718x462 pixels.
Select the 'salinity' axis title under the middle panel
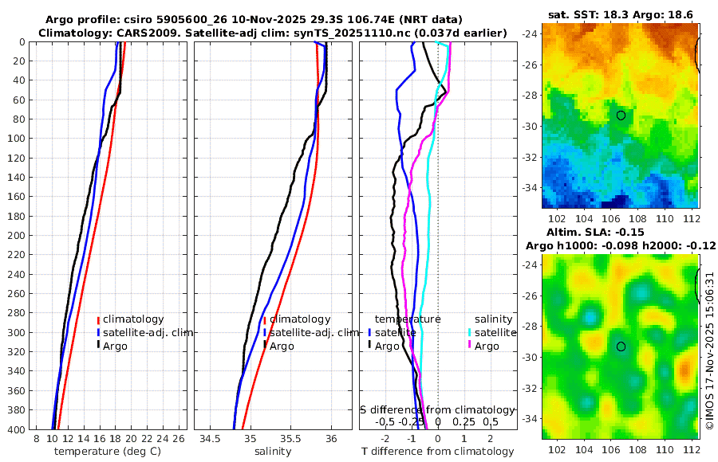(x=273, y=452)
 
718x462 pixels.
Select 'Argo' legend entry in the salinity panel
(x=282, y=346)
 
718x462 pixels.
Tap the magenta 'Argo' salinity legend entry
(x=487, y=346)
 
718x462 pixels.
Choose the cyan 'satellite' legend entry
(x=488, y=332)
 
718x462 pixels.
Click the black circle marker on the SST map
(x=621, y=115)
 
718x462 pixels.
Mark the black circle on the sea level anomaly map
(x=621, y=346)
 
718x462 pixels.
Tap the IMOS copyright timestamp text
(x=709, y=350)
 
